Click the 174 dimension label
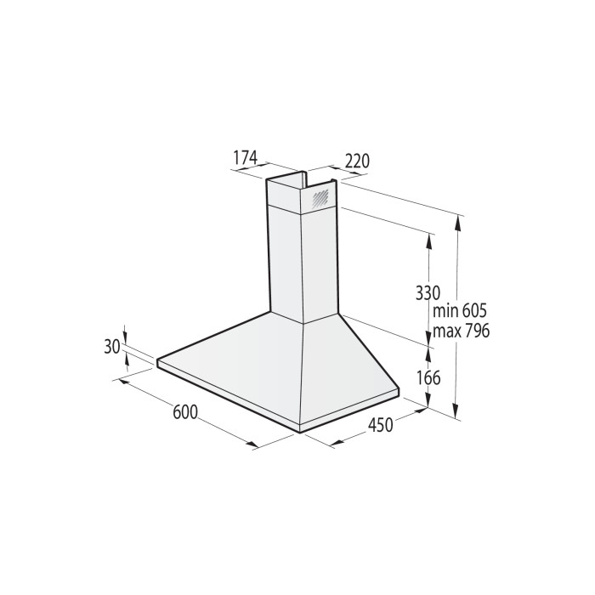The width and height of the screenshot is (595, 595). click(245, 158)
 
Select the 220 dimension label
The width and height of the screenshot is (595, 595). click(357, 161)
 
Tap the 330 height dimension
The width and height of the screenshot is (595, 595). click(428, 293)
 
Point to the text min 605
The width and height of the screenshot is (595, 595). click(460, 311)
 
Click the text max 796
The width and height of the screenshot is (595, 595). click(461, 331)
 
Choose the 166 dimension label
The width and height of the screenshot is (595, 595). click(428, 377)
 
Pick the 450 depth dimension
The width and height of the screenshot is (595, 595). click(380, 425)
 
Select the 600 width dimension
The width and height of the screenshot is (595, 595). click(185, 411)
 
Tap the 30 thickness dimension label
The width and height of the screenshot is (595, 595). click(112, 347)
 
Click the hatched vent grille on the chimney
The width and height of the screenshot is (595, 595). click(320, 198)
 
